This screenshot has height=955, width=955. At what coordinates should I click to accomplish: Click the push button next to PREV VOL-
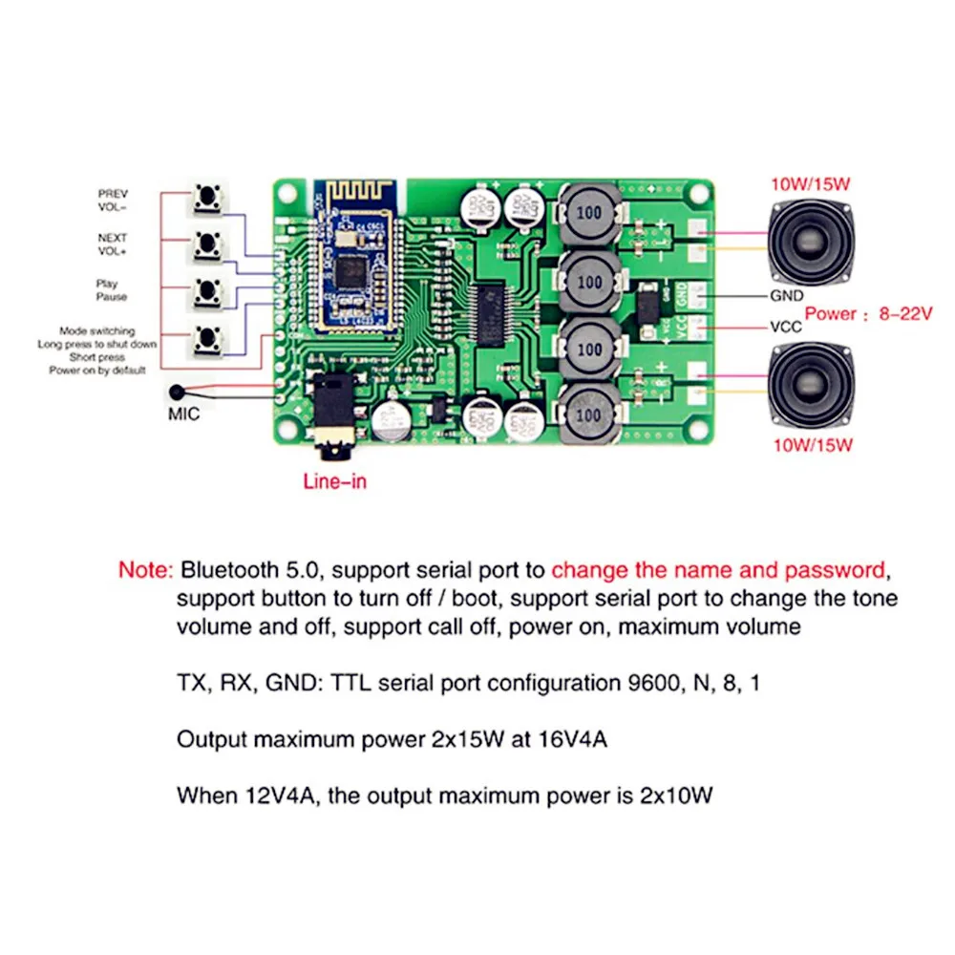point(206,199)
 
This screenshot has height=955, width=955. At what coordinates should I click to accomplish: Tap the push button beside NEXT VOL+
point(206,245)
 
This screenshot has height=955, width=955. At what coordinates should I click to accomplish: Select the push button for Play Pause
point(206,291)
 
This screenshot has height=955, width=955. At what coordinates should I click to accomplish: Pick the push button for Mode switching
point(206,339)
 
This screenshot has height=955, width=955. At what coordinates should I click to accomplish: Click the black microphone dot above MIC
point(177,393)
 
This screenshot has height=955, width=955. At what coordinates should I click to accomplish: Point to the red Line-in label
point(334,481)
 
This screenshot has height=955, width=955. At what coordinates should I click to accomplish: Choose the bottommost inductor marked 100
point(589,414)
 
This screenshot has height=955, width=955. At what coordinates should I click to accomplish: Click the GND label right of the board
point(787,296)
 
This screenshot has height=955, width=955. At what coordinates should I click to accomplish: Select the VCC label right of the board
point(785,327)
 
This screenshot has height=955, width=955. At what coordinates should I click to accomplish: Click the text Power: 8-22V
point(867,313)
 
